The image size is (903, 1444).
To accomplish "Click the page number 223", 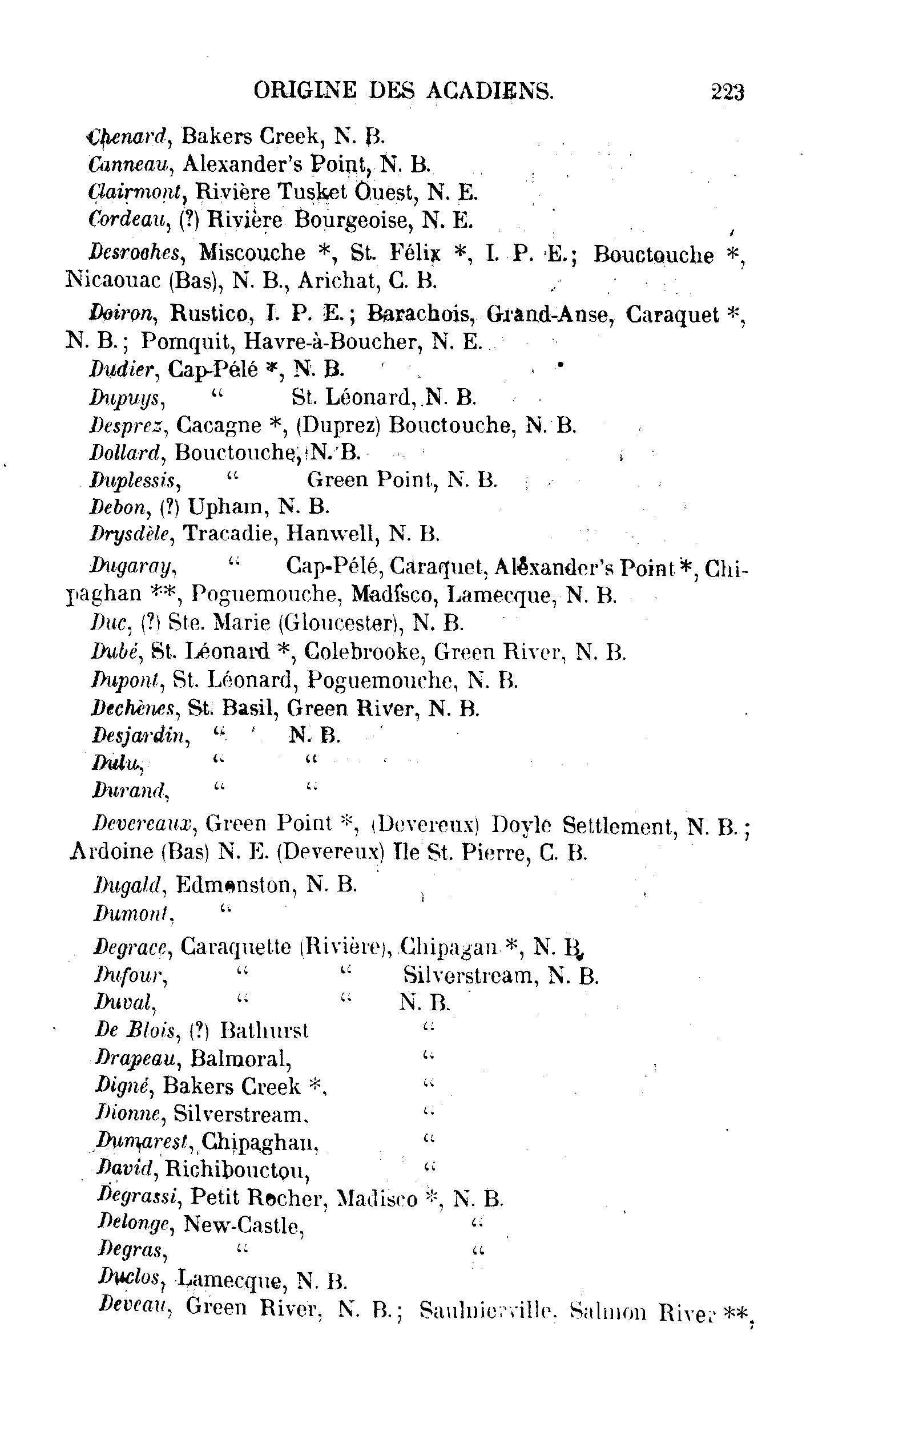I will [x=727, y=92].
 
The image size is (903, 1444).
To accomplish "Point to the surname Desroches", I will [x=134, y=253].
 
